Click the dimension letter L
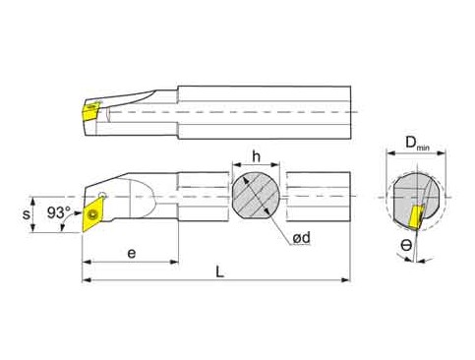220,271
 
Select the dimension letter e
132,254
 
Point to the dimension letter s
26,214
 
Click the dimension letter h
256,156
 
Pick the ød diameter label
301,238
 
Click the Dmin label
417,144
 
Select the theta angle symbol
406,245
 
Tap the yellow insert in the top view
90,111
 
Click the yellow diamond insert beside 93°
92,214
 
